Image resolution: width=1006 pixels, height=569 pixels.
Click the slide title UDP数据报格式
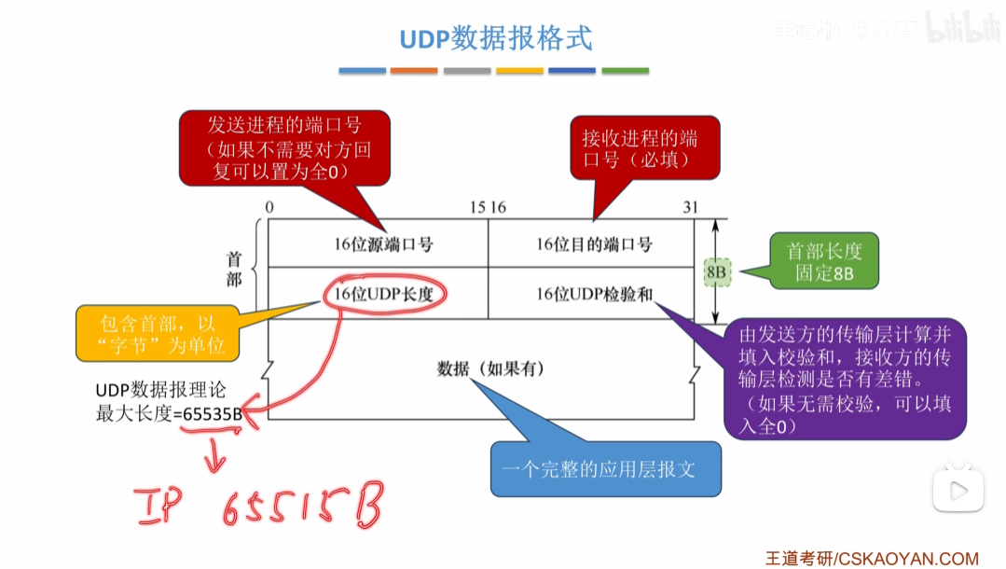(x=495, y=39)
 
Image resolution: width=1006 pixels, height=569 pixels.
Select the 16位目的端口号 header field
(x=594, y=244)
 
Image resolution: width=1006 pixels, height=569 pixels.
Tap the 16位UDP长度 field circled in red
(x=385, y=294)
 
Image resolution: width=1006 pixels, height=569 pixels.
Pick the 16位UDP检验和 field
(x=594, y=294)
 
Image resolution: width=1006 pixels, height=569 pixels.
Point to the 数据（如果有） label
(x=491, y=368)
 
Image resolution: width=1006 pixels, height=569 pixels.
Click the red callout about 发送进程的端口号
(x=285, y=148)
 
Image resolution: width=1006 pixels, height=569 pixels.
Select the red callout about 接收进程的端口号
(x=644, y=148)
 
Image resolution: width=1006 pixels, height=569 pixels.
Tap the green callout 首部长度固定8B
(x=824, y=262)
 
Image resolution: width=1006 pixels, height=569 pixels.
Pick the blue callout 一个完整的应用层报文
(x=606, y=468)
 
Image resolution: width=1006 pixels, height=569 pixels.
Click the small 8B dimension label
(x=717, y=271)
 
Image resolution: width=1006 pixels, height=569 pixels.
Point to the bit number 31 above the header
(x=690, y=207)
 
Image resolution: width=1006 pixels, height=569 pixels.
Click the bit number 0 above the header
(x=269, y=207)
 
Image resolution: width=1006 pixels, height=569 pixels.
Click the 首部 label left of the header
(x=234, y=269)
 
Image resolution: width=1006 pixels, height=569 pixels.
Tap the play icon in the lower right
(x=958, y=490)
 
